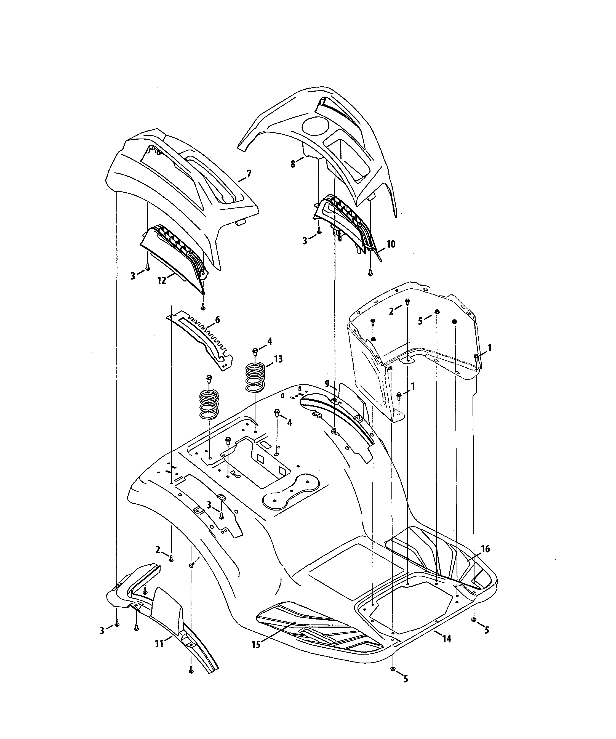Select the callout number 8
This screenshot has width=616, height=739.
(x=293, y=164)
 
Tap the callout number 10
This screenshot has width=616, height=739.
(x=391, y=244)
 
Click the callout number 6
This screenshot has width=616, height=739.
(x=217, y=320)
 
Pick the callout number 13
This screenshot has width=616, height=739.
(x=278, y=359)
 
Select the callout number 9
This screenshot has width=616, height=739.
(x=327, y=384)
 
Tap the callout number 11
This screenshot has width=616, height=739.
(x=159, y=644)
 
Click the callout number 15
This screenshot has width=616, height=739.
(x=256, y=645)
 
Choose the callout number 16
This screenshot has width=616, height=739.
(x=486, y=549)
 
